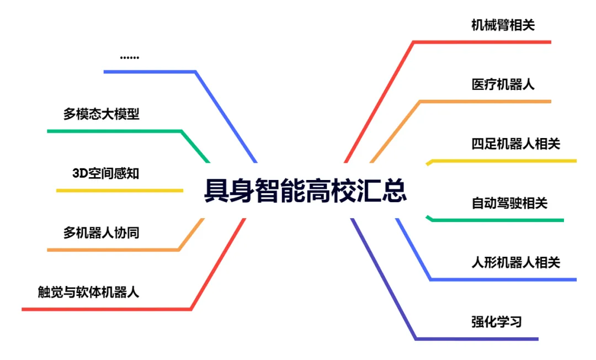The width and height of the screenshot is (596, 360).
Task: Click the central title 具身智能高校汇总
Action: point(305,191)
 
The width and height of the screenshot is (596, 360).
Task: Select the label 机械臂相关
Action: point(503,25)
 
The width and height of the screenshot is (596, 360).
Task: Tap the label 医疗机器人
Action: point(503,84)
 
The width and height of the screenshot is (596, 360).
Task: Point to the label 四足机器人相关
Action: point(515,144)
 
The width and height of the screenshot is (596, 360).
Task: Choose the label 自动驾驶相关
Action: point(509,203)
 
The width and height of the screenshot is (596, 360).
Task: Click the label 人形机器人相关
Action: point(515,262)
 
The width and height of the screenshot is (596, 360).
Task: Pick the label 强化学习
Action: point(496,321)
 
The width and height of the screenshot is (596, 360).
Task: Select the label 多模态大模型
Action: point(101,114)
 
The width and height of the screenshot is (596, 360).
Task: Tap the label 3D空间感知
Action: point(105,173)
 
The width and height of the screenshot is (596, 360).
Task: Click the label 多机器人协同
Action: point(101,232)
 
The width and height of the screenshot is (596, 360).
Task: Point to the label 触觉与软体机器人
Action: point(88,292)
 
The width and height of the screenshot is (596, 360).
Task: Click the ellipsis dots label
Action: point(129,57)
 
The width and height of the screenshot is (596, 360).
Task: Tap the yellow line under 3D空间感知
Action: point(119,190)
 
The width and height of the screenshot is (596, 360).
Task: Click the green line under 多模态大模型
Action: point(114,131)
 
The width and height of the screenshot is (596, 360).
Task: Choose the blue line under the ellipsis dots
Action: point(149,71)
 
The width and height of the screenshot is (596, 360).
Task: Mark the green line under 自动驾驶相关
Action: point(497,220)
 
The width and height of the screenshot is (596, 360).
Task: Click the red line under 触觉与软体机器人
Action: point(105,309)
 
